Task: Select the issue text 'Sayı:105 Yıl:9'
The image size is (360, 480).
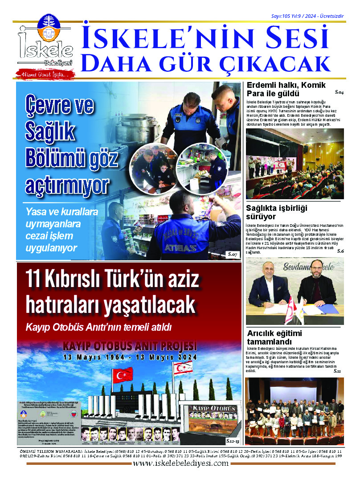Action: point(289,16)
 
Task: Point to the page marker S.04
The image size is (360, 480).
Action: point(339,92)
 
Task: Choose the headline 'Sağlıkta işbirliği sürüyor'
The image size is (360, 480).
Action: point(277,212)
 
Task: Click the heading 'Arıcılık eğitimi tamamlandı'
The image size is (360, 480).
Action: point(274,337)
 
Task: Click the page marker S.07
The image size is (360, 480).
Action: point(232,254)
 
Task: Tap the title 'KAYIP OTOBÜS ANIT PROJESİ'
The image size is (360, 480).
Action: point(130,346)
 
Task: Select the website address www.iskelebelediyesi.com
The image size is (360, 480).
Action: point(180,463)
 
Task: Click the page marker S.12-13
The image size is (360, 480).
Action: point(232,440)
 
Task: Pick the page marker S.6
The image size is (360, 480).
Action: point(340,251)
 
